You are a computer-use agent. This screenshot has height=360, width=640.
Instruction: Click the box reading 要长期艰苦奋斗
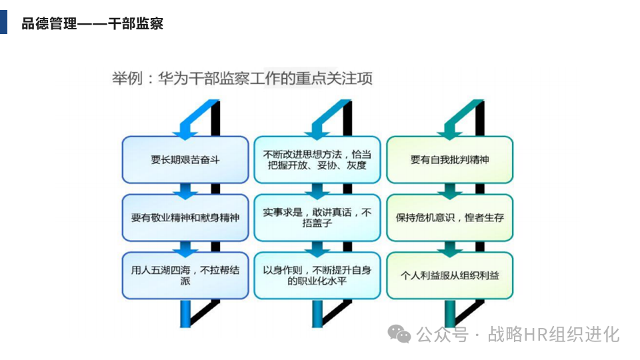pos(185,160)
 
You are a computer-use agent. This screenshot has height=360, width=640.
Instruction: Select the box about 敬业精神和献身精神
pos(185,217)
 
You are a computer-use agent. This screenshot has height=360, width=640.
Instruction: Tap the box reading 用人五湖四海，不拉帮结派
pos(185,275)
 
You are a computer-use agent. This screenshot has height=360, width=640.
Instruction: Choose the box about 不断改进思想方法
pos(317,160)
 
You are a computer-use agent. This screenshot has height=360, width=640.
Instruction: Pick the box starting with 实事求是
pos(317,217)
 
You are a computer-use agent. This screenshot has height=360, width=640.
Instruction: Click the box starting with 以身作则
pos(317,275)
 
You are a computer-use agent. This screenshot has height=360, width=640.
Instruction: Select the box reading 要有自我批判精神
pos(449,160)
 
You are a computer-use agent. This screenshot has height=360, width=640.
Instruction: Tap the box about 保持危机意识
pos(449,217)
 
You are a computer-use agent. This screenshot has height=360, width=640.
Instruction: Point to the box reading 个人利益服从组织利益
pos(449,275)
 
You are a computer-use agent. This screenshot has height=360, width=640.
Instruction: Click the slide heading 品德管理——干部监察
pos(92,24)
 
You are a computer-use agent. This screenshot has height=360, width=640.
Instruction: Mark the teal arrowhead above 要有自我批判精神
pos(451,127)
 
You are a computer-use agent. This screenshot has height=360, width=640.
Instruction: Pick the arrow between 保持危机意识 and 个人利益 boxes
pos(451,248)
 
